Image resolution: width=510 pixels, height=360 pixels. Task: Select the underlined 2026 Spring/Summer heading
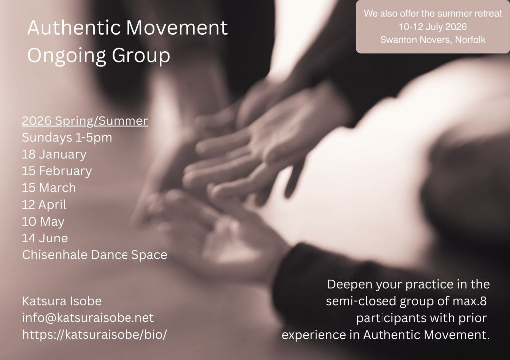pyautogui.click(x=85, y=121)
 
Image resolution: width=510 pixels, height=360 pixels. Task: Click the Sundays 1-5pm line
pyautogui.click(x=67, y=138)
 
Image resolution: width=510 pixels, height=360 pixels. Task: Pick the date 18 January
pyautogui.click(x=54, y=154)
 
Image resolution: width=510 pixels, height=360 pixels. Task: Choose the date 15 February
pyautogui.click(x=57, y=171)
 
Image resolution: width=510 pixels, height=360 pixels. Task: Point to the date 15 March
pyautogui.click(x=49, y=188)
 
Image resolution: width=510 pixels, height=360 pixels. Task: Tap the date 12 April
pyautogui.click(x=44, y=205)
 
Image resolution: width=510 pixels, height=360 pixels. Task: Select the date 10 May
pyautogui.click(x=43, y=222)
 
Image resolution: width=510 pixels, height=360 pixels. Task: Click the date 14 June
pyautogui.click(x=45, y=239)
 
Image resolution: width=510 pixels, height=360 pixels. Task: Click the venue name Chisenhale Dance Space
pyautogui.click(x=95, y=255)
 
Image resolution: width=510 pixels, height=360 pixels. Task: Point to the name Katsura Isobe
pyautogui.click(x=62, y=301)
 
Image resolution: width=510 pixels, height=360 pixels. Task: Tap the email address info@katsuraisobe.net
pyautogui.click(x=88, y=318)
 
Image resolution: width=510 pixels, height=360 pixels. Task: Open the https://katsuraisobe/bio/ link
pyautogui.click(x=95, y=335)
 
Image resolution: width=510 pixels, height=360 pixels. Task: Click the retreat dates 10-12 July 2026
pyautogui.click(x=433, y=27)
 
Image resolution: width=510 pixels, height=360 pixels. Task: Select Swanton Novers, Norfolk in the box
pyautogui.click(x=433, y=40)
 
